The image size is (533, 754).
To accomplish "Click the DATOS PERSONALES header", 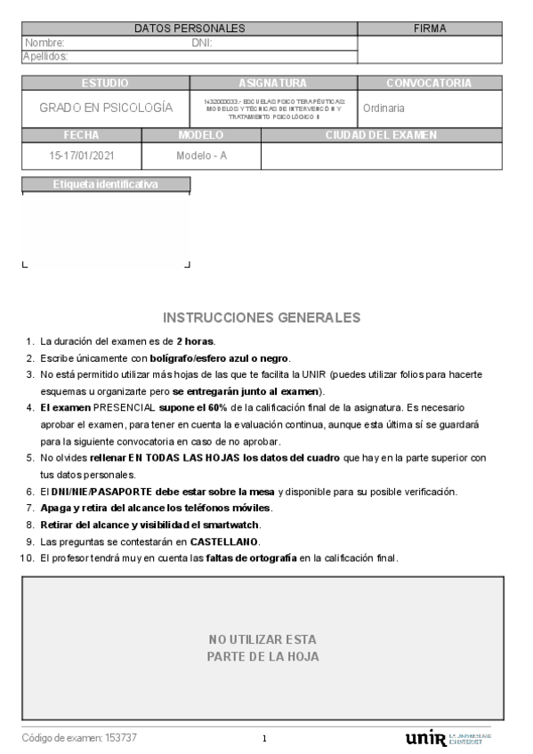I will click(190, 28).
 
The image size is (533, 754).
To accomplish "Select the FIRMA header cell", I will click(430, 28).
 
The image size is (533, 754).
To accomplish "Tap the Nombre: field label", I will click(44, 43).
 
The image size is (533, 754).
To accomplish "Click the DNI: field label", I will click(202, 43).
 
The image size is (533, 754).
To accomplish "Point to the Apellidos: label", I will click(45, 57).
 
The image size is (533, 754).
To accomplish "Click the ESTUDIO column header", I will click(105, 84).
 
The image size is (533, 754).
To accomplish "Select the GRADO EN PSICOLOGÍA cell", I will click(106, 108).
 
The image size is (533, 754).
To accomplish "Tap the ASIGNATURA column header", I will click(273, 84).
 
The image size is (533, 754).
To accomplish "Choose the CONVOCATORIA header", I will click(429, 84).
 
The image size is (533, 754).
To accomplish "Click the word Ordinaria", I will click(384, 108).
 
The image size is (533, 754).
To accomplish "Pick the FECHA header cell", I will click(81, 135).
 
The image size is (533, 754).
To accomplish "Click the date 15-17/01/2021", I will click(82, 156).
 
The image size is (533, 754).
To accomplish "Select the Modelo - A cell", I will click(201, 156).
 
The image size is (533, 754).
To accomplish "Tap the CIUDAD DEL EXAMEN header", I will click(382, 135).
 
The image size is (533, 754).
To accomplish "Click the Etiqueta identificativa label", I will click(105, 185).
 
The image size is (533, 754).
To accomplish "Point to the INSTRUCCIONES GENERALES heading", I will click(262, 317).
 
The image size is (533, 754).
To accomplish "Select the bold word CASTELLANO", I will click(222, 541).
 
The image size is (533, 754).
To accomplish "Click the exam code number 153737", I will click(121, 738).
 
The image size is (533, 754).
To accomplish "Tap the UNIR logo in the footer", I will click(426, 738).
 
